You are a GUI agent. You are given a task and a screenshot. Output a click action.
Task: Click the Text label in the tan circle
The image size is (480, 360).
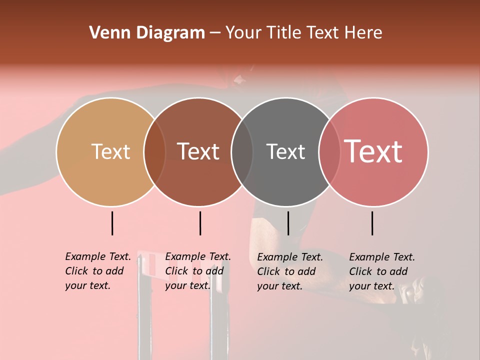[110, 151]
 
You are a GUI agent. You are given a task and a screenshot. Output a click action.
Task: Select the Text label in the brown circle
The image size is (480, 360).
[198, 151]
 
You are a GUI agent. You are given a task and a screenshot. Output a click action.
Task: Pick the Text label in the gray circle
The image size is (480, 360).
[285, 151]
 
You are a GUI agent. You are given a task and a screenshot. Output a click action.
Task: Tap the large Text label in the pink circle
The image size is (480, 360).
[373, 151]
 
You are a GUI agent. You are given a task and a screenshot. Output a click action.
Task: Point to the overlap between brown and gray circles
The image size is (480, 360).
[242, 151]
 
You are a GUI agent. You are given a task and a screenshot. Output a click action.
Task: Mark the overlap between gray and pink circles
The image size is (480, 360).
[329, 151]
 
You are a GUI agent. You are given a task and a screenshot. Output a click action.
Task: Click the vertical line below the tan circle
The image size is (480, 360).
[112, 223]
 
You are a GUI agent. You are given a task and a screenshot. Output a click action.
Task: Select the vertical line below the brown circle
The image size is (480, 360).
[200, 223]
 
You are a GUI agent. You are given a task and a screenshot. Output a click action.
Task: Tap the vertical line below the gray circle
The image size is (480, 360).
[288, 223]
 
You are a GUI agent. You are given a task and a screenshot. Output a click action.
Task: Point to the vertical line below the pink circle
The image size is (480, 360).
[372, 223]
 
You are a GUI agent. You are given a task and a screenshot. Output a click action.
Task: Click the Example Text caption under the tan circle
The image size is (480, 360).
[98, 271]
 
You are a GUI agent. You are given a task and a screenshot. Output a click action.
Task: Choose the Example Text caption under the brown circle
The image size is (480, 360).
[198, 271]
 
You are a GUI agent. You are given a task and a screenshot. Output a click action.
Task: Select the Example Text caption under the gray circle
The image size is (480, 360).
[290, 271]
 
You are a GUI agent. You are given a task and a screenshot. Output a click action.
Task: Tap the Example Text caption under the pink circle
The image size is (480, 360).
[382, 271]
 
